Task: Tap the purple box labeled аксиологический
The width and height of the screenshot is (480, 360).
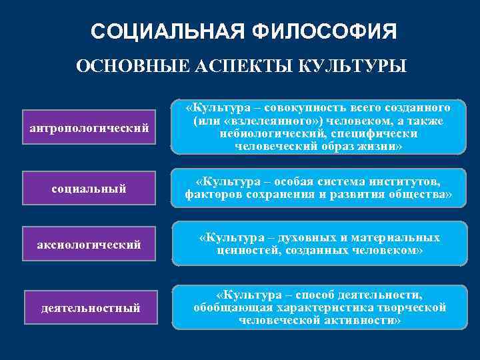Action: [x=89, y=245]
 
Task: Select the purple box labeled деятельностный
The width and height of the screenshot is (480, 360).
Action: [x=90, y=307]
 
